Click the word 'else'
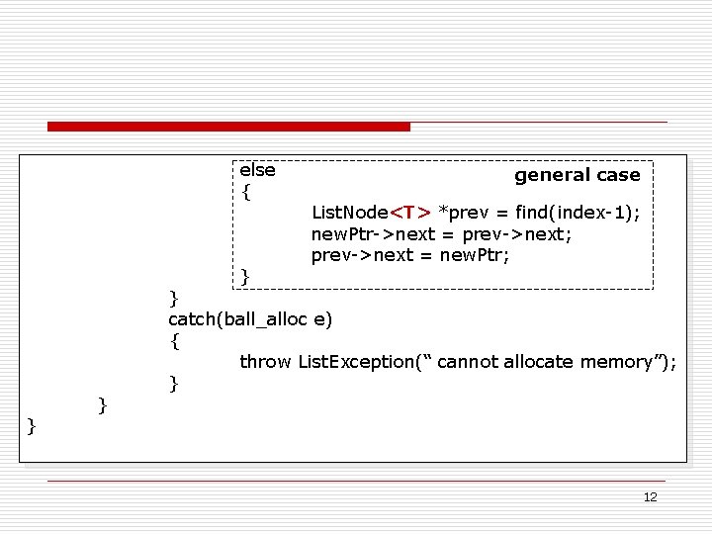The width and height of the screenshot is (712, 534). pyautogui.click(x=257, y=170)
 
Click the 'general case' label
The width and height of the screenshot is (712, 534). pyautogui.click(x=577, y=175)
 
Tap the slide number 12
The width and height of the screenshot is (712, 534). pyautogui.click(x=650, y=496)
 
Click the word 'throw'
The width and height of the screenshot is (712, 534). pyautogui.click(x=265, y=362)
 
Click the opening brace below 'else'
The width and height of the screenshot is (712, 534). pyautogui.click(x=246, y=192)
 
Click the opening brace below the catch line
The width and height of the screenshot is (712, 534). pyautogui.click(x=175, y=341)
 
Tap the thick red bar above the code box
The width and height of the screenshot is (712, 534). pyautogui.click(x=228, y=127)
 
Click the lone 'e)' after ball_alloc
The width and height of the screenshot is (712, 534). pyautogui.click(x=323, y=319)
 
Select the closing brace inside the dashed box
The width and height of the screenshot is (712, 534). pyautogui.click(x=245, y=276)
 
